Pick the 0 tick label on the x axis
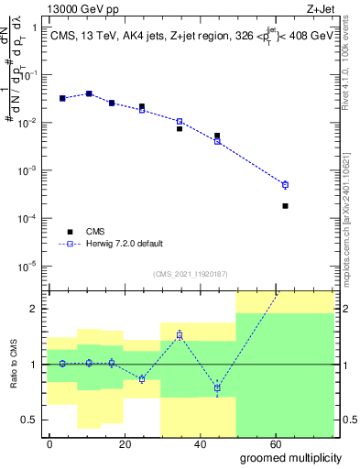[49, 444]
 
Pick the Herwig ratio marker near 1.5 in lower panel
[180, 335]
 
